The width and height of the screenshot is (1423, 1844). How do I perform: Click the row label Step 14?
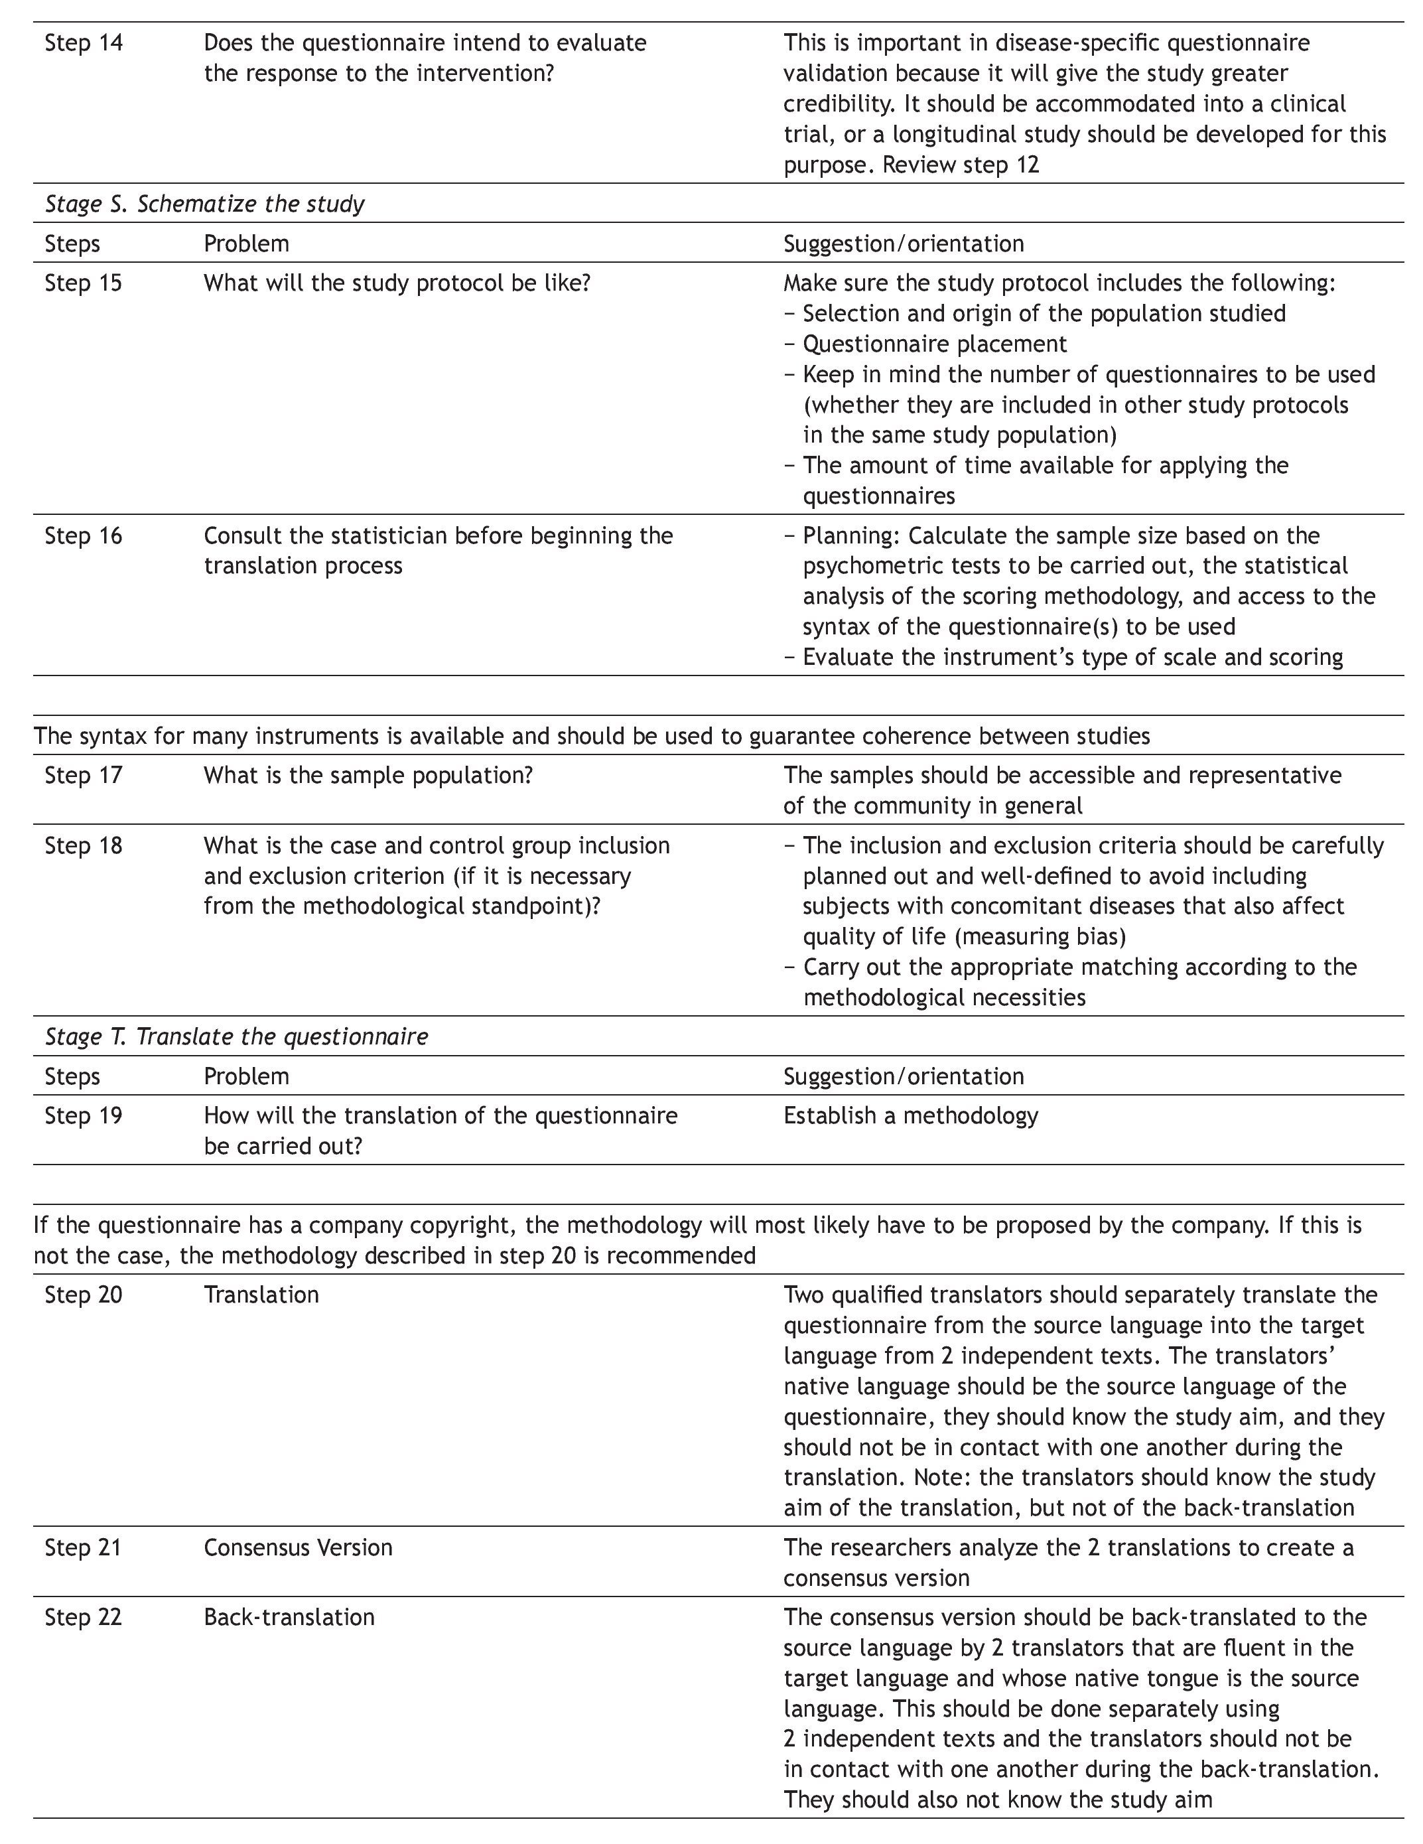click(x=84, y=43)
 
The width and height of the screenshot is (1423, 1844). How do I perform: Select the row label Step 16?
click(x=84, y=535)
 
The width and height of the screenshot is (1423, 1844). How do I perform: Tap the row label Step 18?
click(x=84, y=845)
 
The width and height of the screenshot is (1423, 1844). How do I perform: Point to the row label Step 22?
click(x=84, y=1617)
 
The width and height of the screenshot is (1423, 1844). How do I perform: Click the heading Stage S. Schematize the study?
click(x=204, y=204)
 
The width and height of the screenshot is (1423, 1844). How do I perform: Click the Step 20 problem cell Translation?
click(x=261, y=1295)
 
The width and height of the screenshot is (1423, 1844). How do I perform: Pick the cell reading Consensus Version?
click(x=298, y=1547)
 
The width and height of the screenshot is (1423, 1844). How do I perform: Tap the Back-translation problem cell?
click(x=289, y=1617)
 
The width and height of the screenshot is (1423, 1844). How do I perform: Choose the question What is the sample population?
click(x=368, y=775)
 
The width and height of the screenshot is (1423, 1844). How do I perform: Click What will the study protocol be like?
click(x=397, y=283)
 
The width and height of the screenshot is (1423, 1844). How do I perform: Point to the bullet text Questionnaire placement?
click(x=934, y=344)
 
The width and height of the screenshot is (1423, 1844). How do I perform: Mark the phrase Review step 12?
click(x=961, y=165)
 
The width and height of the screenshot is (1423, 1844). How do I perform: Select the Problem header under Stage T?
click(x=246, y=1076)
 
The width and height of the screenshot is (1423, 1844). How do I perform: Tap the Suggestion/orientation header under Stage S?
click(x=903, y=243)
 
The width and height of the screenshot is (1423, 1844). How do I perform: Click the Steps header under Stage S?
click(x=72, y=243)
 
